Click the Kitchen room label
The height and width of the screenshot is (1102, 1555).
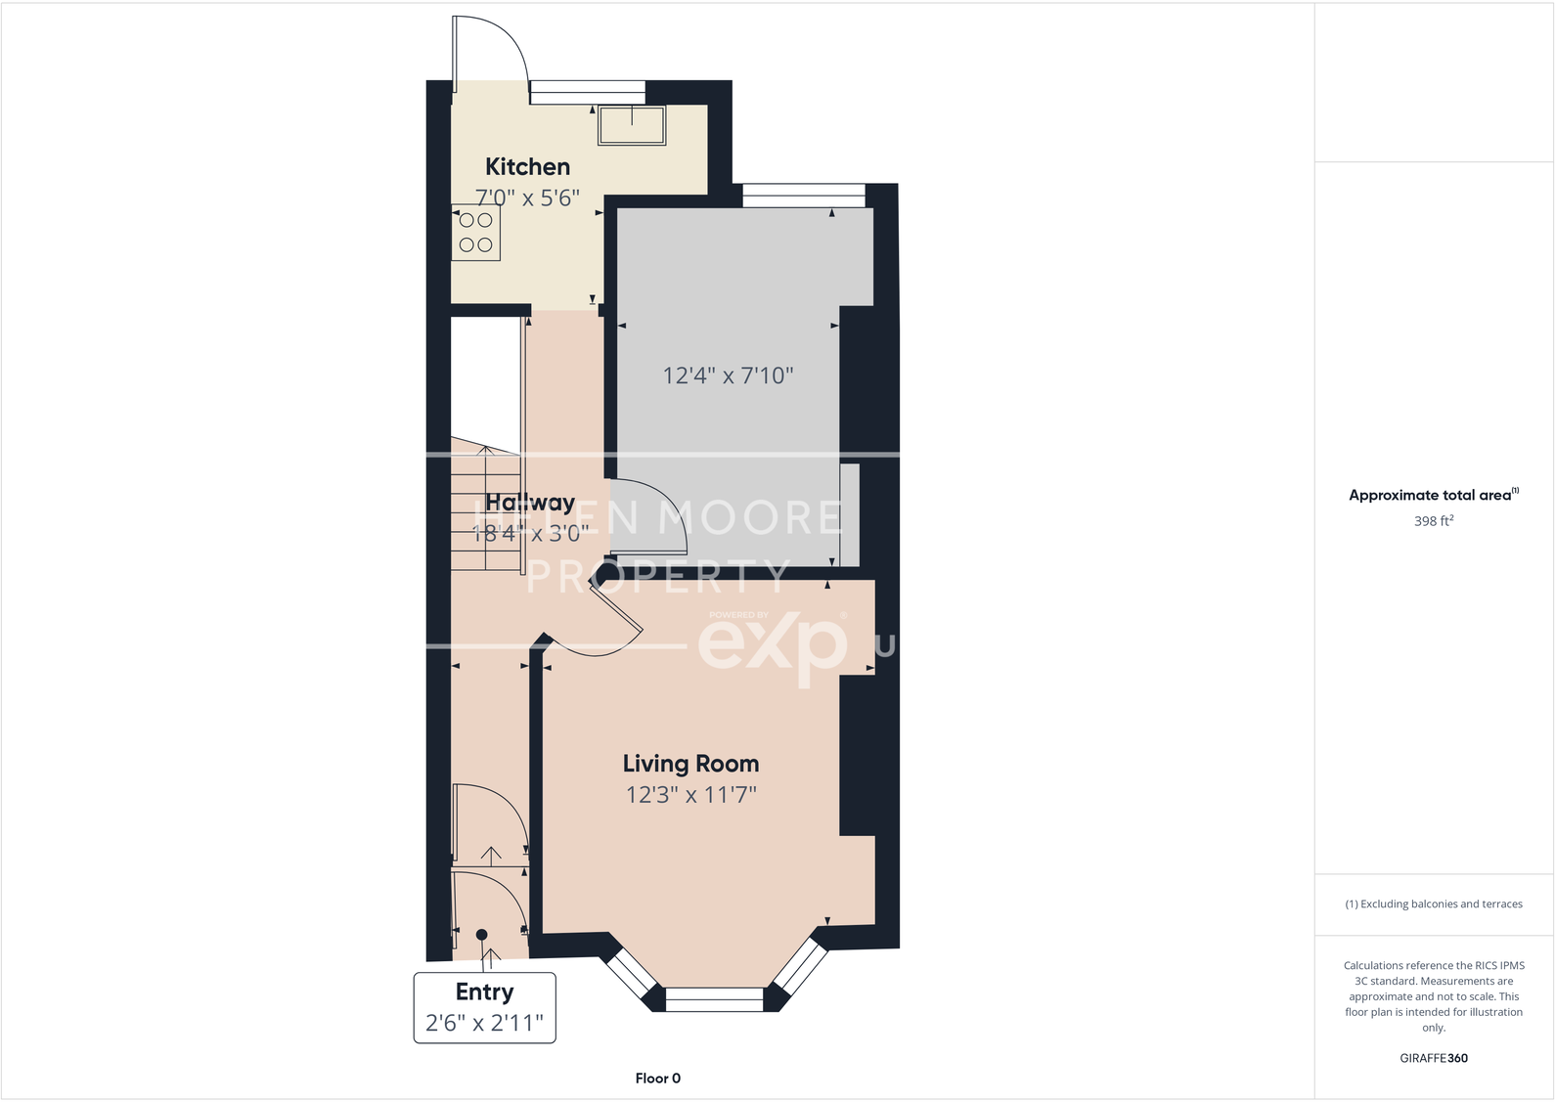(527, 167)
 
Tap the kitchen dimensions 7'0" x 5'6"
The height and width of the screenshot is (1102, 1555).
(527, 198)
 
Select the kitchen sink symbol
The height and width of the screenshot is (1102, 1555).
(632, 125)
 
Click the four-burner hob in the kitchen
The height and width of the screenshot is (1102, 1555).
(476, 233)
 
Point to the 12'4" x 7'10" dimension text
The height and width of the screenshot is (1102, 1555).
(728, 375)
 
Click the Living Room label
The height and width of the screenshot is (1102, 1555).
(690, 764)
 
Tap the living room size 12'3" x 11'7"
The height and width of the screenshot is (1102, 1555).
(690, 795)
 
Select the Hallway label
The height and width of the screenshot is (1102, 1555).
(530, 503)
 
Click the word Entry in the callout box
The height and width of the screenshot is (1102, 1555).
(484, 992)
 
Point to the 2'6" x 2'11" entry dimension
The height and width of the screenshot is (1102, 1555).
(484, 1024)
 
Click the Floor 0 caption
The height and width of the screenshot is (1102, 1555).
(657, 1079)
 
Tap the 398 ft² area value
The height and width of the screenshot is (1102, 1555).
(1433, 521)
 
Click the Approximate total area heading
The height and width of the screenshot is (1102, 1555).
(1430, 495)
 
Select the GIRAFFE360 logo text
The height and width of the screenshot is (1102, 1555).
(1433, 1058)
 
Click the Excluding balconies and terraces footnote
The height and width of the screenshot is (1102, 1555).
(1433, 904)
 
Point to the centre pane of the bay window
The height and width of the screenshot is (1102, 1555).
(714, 999)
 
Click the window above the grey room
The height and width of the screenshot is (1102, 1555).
(804, 196)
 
